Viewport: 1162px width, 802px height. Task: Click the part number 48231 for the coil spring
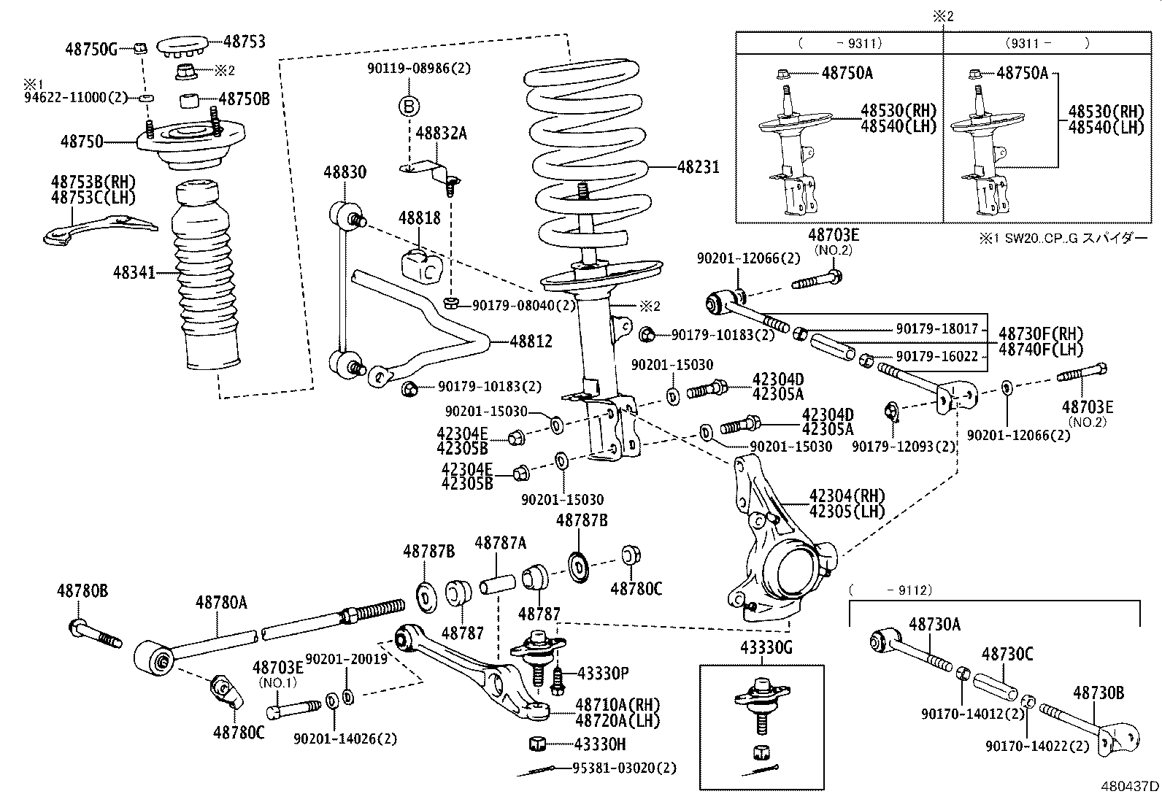[x=699, y=167]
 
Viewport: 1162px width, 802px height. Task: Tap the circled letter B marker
[x=409, y=107]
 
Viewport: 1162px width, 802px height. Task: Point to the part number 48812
[x=531, y=341]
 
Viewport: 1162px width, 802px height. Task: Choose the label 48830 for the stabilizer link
[x=345, y=172]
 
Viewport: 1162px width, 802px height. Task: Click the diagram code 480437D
[x=1131, y=787]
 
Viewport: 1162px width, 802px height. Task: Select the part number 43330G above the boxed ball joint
[x=763, y=648]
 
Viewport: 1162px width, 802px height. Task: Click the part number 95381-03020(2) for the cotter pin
[x=624, y=768]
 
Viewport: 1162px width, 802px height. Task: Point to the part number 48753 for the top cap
[x=245, y=42]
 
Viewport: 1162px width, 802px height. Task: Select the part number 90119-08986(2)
[x=419, y=69]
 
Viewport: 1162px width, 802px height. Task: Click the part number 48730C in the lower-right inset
[x=1007, y=654]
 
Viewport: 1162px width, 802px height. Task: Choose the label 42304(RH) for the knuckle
[x=847, y=496]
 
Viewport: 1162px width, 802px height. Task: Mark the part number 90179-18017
[x=936, y=329]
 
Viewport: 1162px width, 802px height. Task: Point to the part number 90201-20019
[x=346, y=658]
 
